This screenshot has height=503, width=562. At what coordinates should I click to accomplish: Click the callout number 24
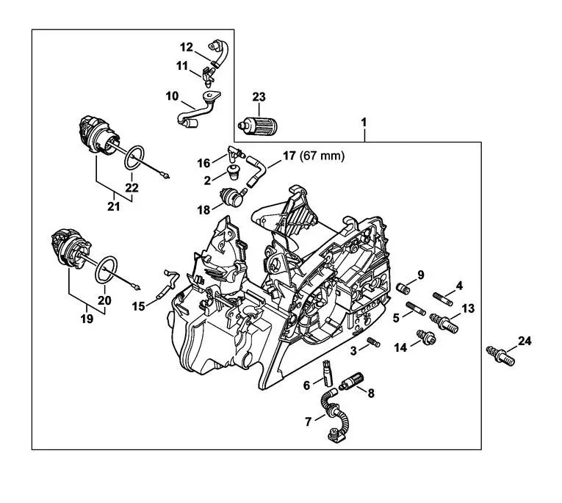click(523, 341)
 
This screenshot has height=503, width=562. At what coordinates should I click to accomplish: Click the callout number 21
click(113, 207)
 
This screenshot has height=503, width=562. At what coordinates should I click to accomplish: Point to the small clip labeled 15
click(167, 284)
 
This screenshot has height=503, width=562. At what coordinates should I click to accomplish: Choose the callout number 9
click(421, 275)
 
